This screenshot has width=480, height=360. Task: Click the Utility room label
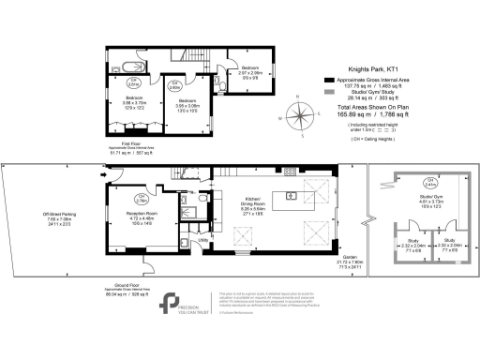[201, 240]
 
